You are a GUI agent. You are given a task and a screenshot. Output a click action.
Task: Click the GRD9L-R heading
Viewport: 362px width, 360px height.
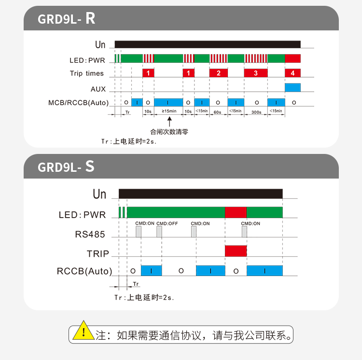tap(67, 19)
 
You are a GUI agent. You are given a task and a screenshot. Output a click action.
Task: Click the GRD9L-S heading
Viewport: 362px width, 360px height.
tap(66, 167)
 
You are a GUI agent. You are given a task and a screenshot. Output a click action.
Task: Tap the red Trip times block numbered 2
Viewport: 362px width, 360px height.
tap(218, 73)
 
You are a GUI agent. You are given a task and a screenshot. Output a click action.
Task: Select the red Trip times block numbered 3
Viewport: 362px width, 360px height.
tap(255, 73)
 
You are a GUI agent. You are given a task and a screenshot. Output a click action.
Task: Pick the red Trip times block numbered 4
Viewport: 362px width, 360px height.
tap(292, 73)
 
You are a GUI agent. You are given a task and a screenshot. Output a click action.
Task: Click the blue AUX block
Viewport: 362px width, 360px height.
tap(292, 87)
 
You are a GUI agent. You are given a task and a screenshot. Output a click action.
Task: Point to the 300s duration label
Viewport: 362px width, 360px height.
tap(256, 111)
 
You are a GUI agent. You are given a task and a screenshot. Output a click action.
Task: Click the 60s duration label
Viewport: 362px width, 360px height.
tap(218, 111)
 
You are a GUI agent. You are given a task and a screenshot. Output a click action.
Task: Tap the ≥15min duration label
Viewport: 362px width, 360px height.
tap(168, 111)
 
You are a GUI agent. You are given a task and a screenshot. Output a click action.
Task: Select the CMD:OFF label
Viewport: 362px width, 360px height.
tap(167, 223)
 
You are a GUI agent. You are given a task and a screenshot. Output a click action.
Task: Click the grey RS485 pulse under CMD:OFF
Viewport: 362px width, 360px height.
tap(159, 232)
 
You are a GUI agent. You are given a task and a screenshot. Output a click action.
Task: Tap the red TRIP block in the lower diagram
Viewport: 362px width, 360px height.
tap(236, 251)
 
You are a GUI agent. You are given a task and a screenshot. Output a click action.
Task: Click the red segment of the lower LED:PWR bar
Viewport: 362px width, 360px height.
tap(236, 212)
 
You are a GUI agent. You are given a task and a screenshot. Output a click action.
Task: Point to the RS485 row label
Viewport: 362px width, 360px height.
tap(90, 235)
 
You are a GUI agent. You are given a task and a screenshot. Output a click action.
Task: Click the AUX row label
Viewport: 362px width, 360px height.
tap(98, 89)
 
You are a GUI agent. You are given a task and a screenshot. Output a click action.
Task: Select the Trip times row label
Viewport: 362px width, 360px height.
tap(87, 73)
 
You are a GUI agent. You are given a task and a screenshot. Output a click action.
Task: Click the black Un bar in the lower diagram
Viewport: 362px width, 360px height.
tap(200, 194)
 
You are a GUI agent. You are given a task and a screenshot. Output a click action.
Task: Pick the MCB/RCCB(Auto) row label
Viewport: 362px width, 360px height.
tap(78, 103)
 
